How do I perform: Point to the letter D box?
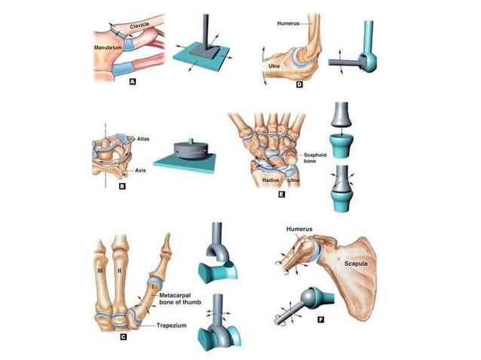(299, 84)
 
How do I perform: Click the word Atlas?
(144, 139)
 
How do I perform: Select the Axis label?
(141, 171)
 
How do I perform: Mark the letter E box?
(280, 194)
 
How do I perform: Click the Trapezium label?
(172, 325)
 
